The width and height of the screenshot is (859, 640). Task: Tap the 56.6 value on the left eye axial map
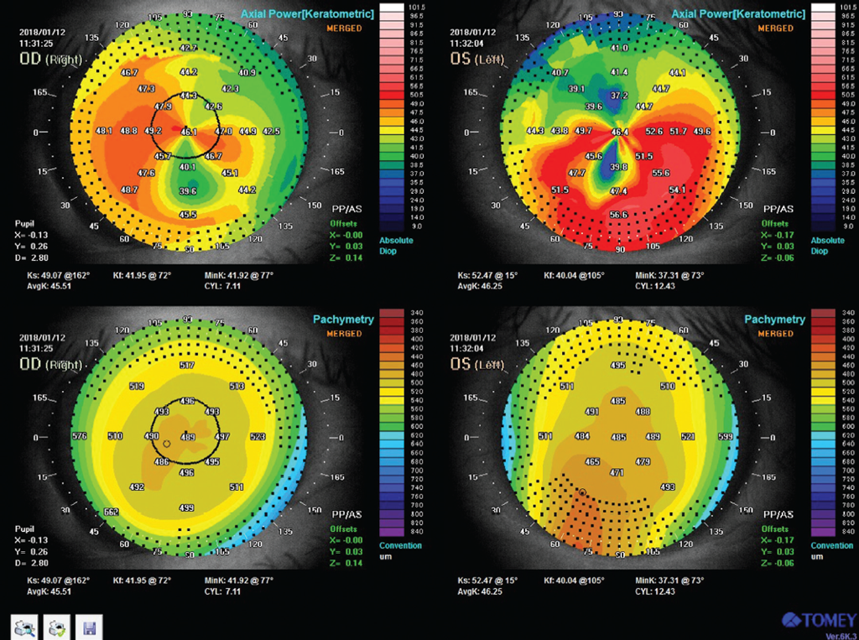[619, 215]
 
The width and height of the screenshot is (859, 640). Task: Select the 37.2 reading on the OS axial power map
[619, 96]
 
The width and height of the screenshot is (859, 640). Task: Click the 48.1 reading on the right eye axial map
[105, 132]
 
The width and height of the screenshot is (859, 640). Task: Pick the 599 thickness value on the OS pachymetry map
[726, 437]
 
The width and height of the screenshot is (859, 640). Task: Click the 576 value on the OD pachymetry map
[81, 437]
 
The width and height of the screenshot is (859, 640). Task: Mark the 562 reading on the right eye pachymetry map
[111, 512]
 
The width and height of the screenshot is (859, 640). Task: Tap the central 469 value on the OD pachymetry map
[188, 437]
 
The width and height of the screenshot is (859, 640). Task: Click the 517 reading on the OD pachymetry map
[187, 367]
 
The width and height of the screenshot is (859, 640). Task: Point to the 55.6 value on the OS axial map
[660, 172]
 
